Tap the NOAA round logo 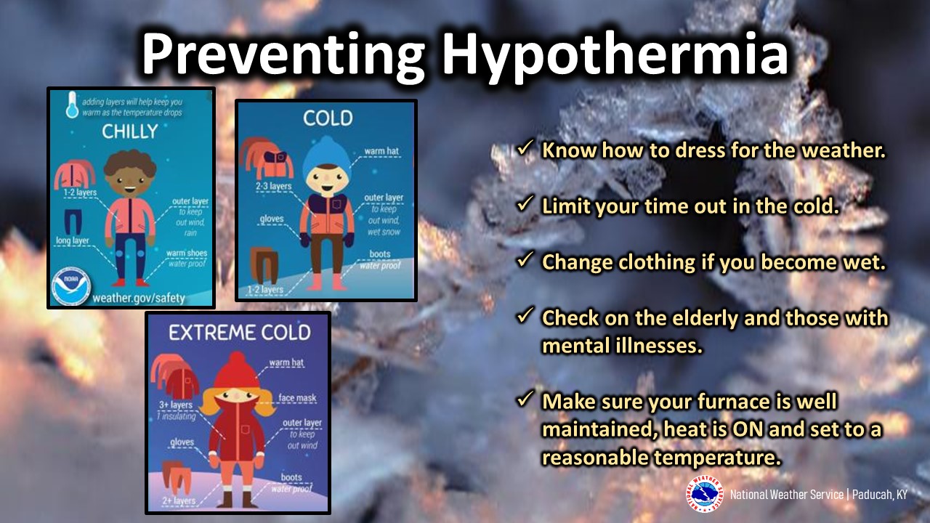point(71,286)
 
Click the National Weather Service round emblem point(705,494)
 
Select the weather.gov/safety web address point(139,298)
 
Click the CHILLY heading point(130,131)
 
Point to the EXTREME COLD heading point(240,333)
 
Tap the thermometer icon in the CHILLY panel point(72,105)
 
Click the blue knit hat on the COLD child point(327,157)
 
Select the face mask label point(297,398)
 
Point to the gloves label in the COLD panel point(272,219)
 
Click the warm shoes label point(187,253)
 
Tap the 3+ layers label point(176,405)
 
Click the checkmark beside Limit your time point(525,204)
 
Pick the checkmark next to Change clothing point(525,260)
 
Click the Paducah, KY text point(880,495)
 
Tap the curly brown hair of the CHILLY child point(130,163)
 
